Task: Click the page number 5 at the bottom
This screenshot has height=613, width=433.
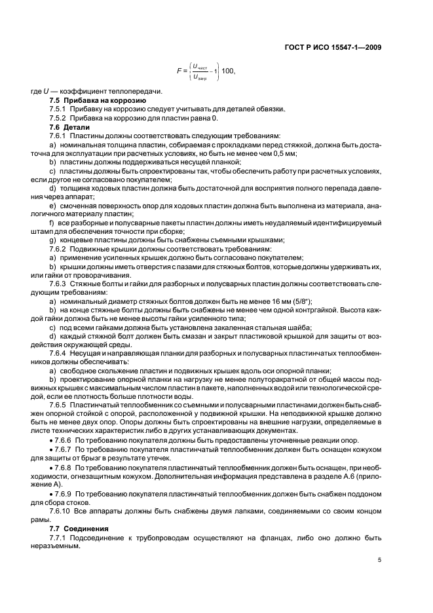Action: click(380, 559)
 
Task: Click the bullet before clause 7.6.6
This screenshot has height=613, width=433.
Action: click(52, 442)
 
